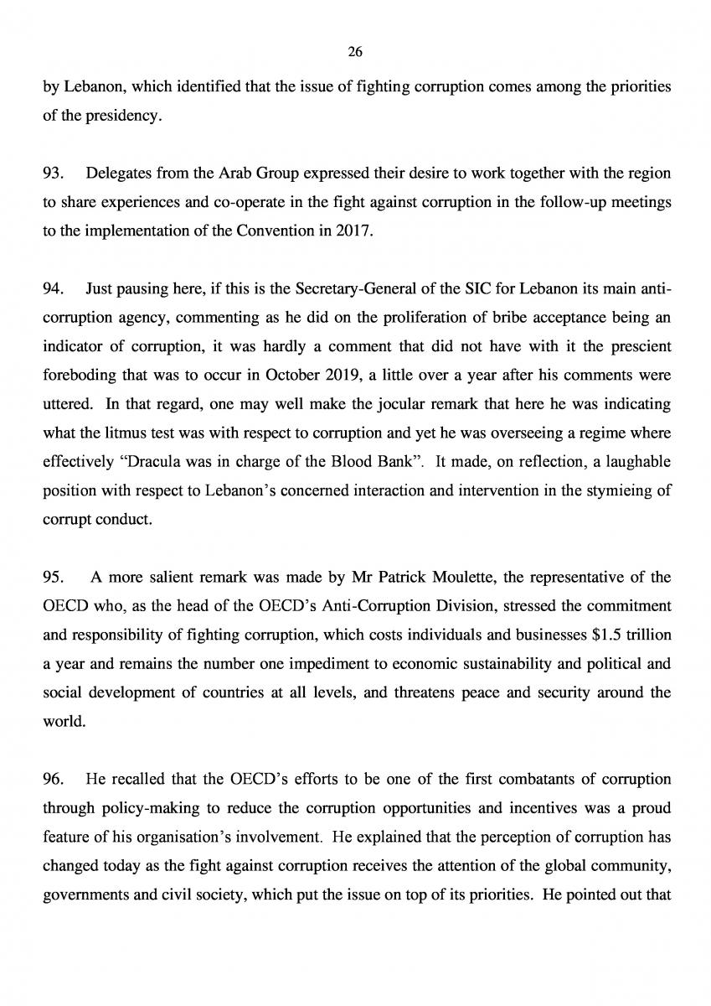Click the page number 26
click(355, 52)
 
